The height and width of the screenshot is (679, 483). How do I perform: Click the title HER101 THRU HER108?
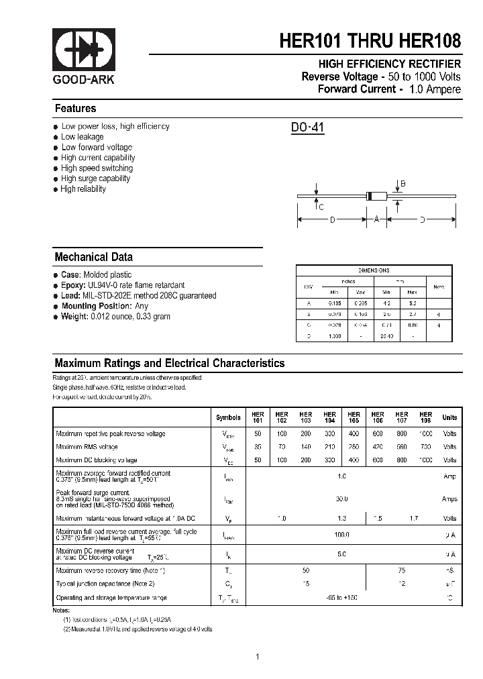click(370, 41)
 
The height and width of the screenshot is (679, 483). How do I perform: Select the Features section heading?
click(75, 109)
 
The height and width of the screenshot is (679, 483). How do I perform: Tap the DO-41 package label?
click(307, 127)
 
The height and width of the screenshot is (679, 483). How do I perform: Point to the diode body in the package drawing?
click(377, 196)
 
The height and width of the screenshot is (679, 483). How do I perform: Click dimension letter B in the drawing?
click(403, 184)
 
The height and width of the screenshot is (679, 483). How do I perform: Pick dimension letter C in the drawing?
click(321, 207)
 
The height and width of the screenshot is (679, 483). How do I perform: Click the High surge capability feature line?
click(95, 178)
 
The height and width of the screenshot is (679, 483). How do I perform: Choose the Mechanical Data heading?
click(93, 257)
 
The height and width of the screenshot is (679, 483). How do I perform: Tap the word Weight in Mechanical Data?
click(75, 316)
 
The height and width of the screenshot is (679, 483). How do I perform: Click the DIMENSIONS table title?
click(374, 270)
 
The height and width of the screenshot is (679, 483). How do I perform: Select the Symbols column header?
click(228, 417)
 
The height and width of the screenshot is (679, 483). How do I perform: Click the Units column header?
click(449, 417)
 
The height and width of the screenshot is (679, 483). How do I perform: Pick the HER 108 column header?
click(425, 417)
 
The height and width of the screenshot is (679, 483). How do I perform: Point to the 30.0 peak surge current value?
click(341, 499)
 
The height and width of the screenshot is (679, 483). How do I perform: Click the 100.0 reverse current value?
click(341, 535)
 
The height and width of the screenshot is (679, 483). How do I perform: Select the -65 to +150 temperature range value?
click(341, 597)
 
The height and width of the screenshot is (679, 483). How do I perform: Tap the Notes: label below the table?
click(61, 610)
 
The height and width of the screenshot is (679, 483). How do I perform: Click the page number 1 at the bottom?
click(257, 657)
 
